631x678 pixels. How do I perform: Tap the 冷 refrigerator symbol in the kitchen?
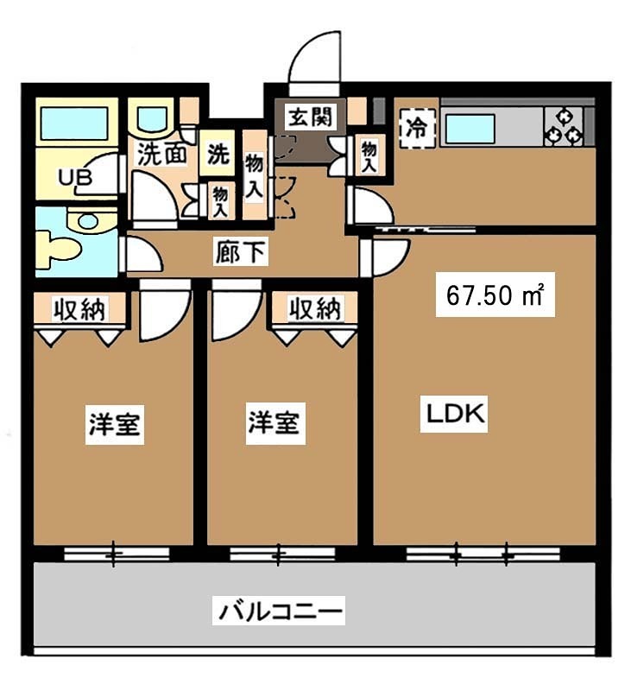pyautogui.click(x=416, y=129)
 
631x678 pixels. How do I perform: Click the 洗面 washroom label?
pyautogui.click(x=162, y=155)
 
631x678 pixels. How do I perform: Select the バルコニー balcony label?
pyautogui.click(x=281, y=611)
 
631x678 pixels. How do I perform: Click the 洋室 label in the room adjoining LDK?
pyautogui.click(x=274, y=424)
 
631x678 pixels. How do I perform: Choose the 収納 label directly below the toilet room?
pyautogui.click(x=82, y=308)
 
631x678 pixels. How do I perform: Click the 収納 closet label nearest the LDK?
pyautogui.click(x=314, y=308)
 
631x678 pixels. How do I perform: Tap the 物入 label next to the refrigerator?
pyautogui.click(x=369, y=156)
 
